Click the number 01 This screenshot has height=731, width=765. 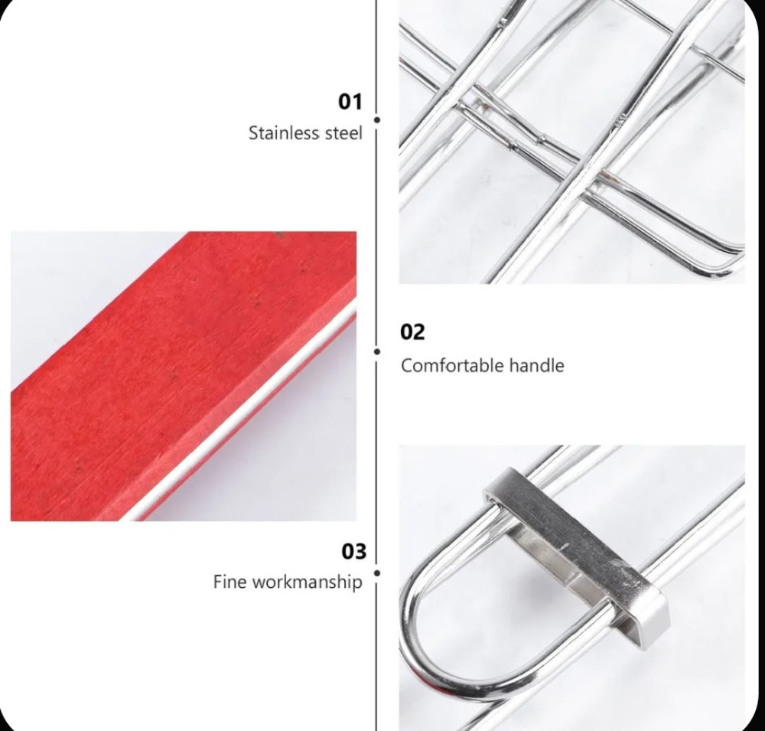[x=350, y=102]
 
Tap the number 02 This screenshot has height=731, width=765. [x=412, y=332]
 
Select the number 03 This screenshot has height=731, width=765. [x=353, y=551]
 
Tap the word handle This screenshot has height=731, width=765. [x=537, y=365]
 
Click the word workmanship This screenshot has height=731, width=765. [x=308, y=582]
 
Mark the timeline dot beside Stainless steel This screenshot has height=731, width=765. [x=376, y=119]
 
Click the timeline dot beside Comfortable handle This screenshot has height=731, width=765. [x=376, y=351]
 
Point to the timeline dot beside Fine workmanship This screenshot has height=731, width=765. [x=376, y=573]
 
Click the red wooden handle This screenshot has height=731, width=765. [x=181, y=376]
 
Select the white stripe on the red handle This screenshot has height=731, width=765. [x=239, y=415]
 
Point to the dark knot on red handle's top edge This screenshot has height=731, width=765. [x=279, y=235]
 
